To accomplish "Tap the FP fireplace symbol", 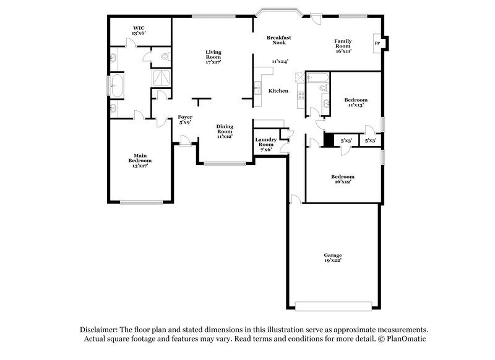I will pyautogui.click(x=377, y=43).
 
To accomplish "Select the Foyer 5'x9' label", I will pyautogui.click(x=184, y=119).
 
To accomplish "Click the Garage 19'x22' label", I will pyautogui.click(x=333, y=258).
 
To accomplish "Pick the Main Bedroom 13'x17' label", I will pyautogui.click(x=140, y=161).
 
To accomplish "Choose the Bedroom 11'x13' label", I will pyautogui.click(x=356, y=103).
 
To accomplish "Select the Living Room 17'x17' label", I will pyautogui.click(x=213, y=57).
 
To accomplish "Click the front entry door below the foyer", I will pyautogui.click(x=185, y=144).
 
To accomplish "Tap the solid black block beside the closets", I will pyautogui.click(x=329, y=141).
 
